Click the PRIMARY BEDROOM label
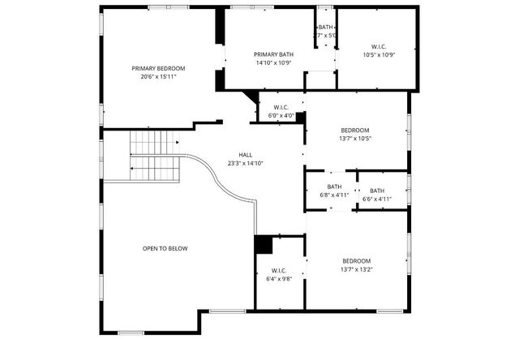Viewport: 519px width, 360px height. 158,68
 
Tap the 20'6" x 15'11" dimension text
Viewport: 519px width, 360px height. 158,77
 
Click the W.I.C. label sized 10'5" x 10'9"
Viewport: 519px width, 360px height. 378,46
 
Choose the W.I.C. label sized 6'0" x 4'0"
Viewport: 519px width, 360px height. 281,107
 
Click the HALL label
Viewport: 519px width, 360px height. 246,154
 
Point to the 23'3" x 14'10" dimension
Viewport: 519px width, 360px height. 246,163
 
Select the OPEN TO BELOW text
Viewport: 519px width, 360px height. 165,248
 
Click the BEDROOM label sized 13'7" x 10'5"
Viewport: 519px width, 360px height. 355,130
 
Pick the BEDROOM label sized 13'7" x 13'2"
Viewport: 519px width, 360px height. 356,260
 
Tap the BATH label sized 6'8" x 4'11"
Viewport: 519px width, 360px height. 334,186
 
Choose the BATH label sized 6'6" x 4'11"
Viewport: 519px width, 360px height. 377,190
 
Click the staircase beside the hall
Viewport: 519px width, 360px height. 154,156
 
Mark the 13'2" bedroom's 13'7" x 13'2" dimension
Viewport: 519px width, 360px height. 356,269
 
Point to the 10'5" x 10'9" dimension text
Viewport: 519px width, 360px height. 378,55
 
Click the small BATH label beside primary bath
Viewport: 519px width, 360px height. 325,28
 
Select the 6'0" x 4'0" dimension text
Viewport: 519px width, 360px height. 281,115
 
